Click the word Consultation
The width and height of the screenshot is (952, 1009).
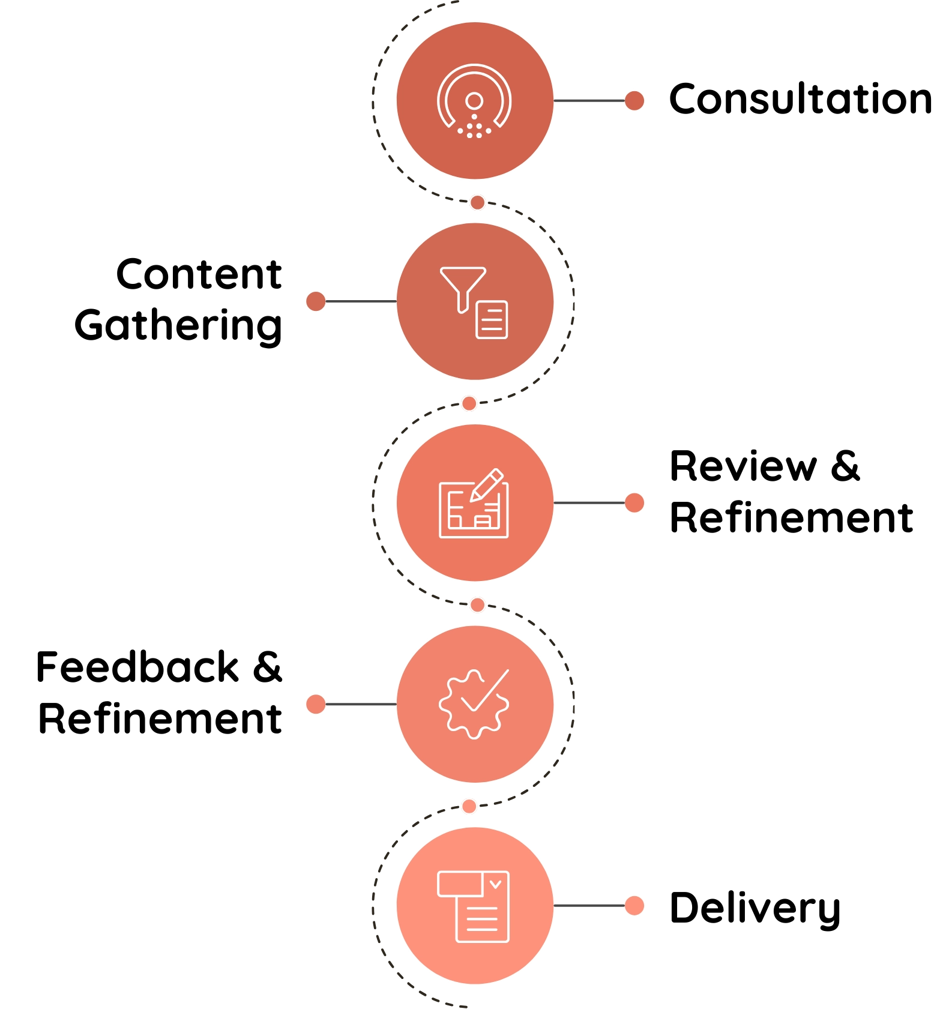[x=801, y=98]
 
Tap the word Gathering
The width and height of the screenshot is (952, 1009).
[x=178, y=326]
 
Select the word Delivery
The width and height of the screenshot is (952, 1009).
[x=755, y=909]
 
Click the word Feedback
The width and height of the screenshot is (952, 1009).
[x=137, y=667]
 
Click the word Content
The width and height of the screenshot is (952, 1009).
[x=199, y=274]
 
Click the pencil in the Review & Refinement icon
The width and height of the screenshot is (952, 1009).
[x=486, y=485]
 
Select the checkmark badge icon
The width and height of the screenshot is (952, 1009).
[x=474, y=703]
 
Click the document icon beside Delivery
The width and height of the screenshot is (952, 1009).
[x=474, y=906]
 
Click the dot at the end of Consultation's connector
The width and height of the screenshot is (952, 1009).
[x=634, y=100]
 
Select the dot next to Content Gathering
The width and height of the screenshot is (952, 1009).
[x=316, y=301]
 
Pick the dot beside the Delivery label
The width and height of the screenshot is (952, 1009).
[x=634, y=905]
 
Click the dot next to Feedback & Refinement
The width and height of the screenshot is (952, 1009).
[x=316, y=704]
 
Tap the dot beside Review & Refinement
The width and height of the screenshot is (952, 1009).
[x=634, y=502]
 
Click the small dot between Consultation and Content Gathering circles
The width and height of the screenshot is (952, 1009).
[x=477, y=202]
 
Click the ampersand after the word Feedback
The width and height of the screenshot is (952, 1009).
[x=267, y=667]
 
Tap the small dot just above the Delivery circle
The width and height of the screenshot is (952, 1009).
[x=469, y=806]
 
